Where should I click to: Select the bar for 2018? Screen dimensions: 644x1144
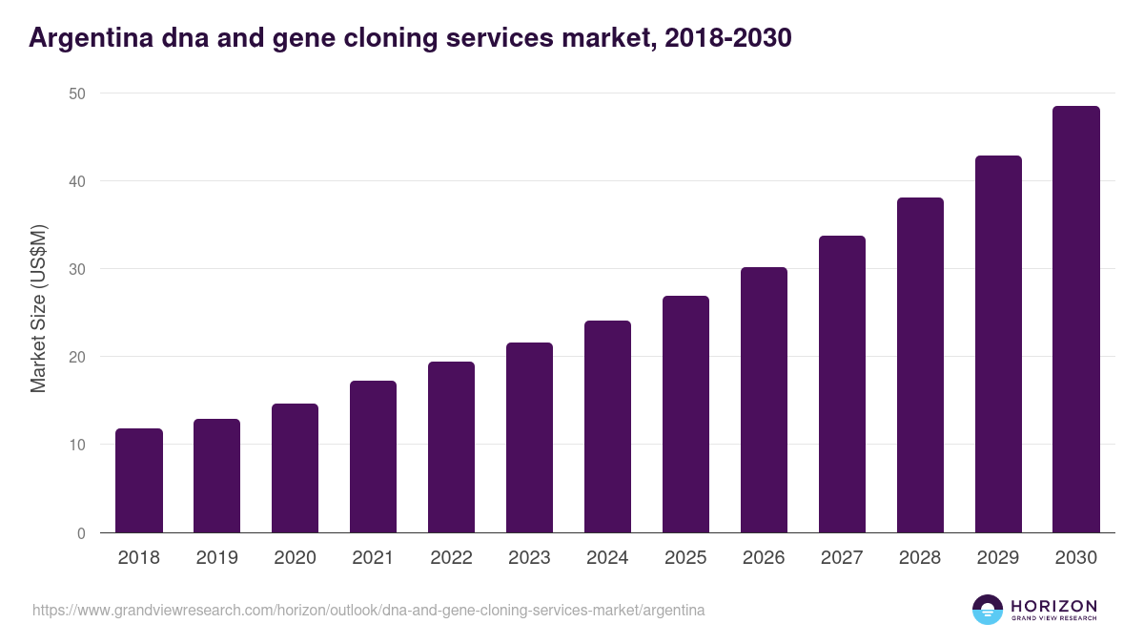pos(139,481)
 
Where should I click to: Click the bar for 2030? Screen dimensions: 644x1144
pos(1076,320)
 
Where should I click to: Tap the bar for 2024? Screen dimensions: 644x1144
pos(607,426)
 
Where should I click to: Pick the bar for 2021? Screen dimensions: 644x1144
pos(373,457)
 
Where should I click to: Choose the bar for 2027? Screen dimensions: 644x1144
pos(842,384)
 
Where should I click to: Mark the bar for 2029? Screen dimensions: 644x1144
pos(998,344)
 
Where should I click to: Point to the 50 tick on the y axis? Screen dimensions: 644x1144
pos(76,93)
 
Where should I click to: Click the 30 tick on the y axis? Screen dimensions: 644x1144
pos(76,269)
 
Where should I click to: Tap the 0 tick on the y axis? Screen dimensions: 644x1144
pos(81,533)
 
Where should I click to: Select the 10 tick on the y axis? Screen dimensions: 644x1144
pos(76,445)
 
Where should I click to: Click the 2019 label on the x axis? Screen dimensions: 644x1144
pos(217,558)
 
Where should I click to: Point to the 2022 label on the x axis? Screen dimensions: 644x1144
pos(451,558)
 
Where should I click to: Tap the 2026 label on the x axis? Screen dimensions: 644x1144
pos(764,558)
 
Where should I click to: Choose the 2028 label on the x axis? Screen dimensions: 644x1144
pos(920,558)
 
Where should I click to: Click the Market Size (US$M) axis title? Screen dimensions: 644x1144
pos(38,308)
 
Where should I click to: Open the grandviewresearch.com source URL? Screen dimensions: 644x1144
pos(368,610)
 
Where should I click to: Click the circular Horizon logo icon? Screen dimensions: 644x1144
pos(988,610)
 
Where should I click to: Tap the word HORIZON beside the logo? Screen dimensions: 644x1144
pos(1053,605)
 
